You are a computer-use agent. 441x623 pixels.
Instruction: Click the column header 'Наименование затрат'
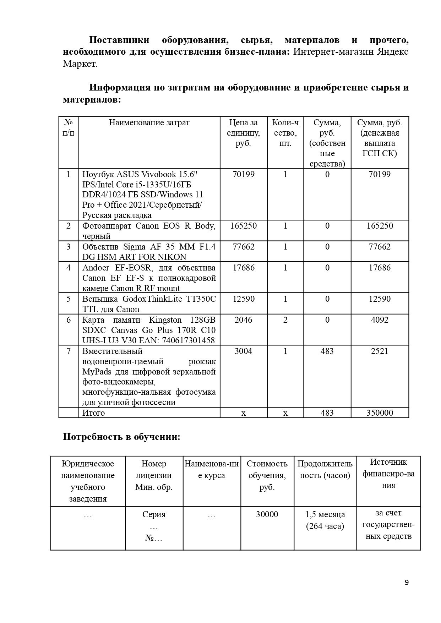[x=149, y=123]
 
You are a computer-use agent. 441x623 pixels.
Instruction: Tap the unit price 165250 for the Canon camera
[x=243, y=226]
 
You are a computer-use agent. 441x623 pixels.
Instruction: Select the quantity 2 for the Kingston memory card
[x=285, y=320]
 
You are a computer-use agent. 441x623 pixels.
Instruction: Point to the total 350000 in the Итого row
[x=380, y=412]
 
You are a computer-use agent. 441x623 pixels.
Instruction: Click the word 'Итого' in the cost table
[x=94, y=413]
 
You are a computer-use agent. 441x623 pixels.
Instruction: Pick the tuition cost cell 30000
[x=267, y=514]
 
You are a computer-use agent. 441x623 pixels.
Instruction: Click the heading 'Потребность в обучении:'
[x=121, y=437]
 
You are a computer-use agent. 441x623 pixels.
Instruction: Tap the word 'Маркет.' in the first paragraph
[x=80, y=64]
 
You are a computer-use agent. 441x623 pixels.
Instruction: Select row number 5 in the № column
[x=69, y=299]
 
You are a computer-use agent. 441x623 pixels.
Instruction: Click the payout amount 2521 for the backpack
[x=380, y=351]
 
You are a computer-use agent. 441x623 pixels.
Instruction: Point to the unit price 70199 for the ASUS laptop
[x=243, y=174]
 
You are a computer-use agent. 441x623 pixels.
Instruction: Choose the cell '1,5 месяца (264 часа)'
[x=325, y=520]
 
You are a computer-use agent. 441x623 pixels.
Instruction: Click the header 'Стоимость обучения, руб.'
[x=267, y=475]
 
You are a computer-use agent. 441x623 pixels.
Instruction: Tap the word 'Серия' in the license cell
[x=154, y=514]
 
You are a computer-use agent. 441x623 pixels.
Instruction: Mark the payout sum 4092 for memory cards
[x=380, y=320]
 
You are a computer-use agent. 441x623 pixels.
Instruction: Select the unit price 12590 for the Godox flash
[x=243, y=299]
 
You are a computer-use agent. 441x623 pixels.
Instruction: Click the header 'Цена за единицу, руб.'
[x=243, y=133]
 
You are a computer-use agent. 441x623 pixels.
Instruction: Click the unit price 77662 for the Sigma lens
[x=243, y=247]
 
